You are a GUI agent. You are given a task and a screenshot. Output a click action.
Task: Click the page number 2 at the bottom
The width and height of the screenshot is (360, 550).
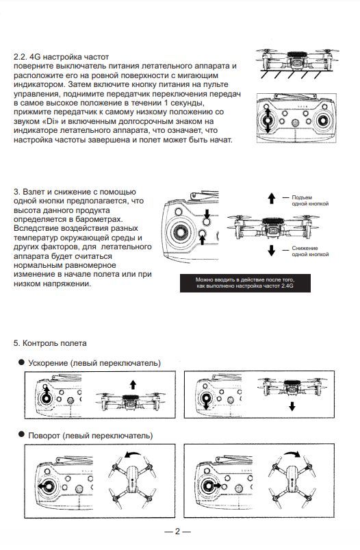pos(177,531)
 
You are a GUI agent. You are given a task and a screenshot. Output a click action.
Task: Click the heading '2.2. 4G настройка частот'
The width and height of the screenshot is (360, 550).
pos(62,57)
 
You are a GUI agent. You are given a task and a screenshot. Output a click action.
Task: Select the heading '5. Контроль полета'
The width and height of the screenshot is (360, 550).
pos(50,343)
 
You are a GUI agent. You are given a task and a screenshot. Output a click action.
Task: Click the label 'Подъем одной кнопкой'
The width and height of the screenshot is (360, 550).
pos(310,201)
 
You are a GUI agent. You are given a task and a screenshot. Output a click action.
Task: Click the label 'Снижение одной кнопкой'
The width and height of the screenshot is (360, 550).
pos(310,251)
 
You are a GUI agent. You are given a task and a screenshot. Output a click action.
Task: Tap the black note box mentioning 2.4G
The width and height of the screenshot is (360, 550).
pos(245,283)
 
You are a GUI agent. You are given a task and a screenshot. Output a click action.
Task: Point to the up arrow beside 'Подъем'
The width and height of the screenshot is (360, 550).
pos(272,198)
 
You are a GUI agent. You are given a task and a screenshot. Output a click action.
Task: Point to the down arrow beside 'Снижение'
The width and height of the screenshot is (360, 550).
pos(272,251)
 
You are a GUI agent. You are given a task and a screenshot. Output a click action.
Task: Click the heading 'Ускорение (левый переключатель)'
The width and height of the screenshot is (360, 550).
pos(94,363)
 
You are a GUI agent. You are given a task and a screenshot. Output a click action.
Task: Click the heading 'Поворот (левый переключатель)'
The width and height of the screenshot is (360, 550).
pos(90,436)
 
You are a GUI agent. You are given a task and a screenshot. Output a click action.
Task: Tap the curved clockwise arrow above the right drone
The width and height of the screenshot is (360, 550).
pos(292,454)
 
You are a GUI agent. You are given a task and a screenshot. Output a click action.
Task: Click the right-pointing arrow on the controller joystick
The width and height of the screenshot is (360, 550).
pos(216,486)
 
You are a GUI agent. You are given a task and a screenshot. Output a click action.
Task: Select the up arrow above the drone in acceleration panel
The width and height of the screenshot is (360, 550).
pos(133,384)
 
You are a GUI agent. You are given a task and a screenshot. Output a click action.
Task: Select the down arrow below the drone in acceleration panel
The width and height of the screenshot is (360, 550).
pos(292,407)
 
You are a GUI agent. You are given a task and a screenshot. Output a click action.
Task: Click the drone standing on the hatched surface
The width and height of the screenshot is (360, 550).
pos(297,60)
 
